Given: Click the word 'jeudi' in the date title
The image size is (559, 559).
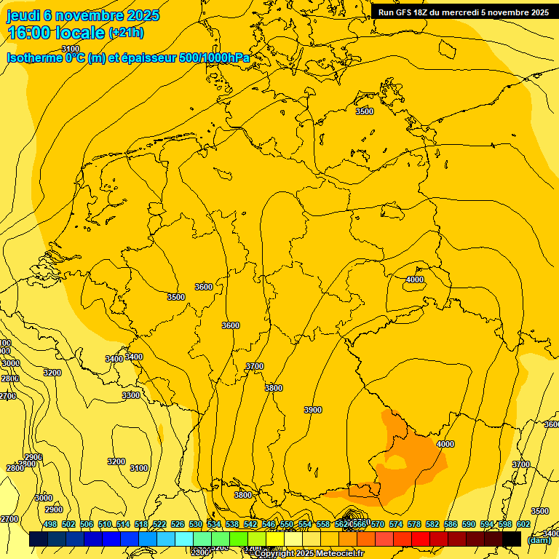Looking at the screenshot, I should coord(23,16).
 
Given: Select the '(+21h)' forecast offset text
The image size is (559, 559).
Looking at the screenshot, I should coord(126,33).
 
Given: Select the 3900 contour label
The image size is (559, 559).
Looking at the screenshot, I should coord(312,410).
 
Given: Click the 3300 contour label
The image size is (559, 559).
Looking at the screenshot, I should coord(131,395).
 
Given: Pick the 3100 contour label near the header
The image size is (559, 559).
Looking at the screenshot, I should coord(71,49).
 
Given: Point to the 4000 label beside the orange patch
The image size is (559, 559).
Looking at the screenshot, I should coord(445,444).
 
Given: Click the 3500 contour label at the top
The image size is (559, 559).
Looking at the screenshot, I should coord(364,111).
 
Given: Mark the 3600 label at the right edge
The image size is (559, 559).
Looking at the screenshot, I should coord(551,424).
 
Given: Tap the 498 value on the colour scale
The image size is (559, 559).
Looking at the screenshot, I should coord(50,524).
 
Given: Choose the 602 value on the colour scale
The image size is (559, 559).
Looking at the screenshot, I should coord(523,524).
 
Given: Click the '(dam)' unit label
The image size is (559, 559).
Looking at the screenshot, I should coord(539,540).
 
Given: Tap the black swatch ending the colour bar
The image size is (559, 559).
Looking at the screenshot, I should coord(512,539).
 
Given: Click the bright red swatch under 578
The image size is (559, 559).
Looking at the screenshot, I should coord(421,539).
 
